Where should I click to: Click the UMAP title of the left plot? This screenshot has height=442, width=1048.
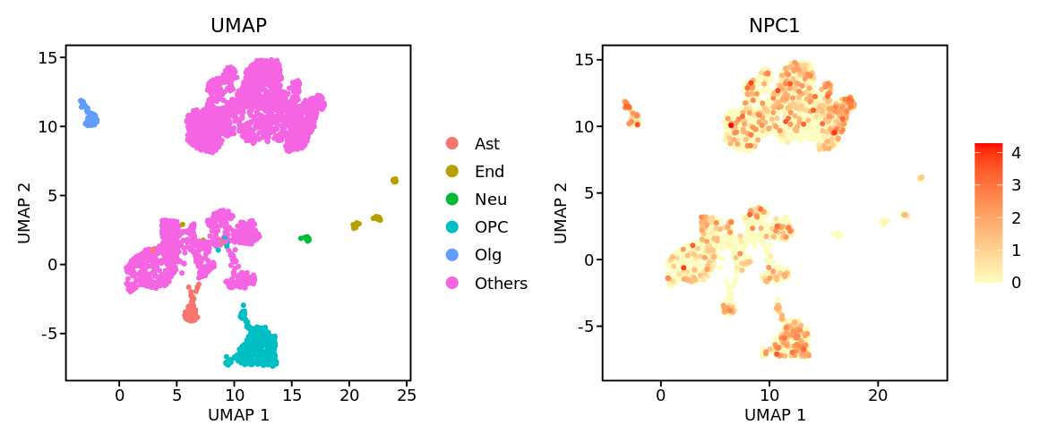point(238,26)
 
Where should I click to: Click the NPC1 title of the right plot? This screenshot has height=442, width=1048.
point(774,26)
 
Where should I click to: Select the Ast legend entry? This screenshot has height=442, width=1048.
point(487,143)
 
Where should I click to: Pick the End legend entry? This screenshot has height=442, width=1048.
point(489,172)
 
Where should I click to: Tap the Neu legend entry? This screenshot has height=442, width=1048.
point(490,200)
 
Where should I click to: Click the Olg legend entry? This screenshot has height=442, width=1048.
point(488,255)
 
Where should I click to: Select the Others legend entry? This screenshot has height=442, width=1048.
point(501,284)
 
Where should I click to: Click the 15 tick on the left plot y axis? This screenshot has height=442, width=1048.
point(47,57)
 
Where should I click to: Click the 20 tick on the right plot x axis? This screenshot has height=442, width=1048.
point(878,394)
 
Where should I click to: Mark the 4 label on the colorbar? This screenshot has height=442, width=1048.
point(1016,153)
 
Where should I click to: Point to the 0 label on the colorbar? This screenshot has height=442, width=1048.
point(1016,283)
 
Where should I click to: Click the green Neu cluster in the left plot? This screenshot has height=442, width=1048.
point(306,239)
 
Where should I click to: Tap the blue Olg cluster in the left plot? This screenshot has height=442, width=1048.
point(90,118)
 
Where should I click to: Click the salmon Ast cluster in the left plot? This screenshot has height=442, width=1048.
point(190,313)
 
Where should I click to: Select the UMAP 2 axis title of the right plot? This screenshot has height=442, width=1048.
point(560,213)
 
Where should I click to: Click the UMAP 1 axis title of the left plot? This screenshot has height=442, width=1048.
point(238,415)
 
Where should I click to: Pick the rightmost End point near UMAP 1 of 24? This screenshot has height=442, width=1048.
point(394,181)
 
